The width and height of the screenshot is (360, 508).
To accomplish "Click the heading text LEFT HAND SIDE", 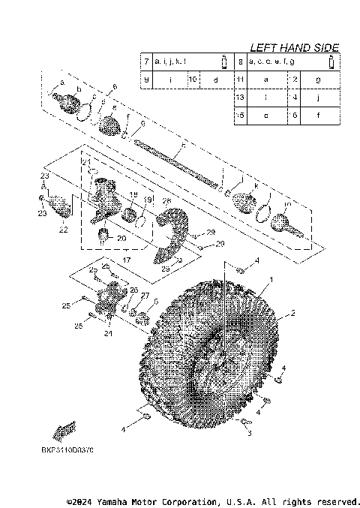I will click(x=293, y=47).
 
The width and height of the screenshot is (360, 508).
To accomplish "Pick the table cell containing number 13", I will click(x=240, y=98).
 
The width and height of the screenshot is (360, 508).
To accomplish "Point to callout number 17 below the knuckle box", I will click(x=125, y=259).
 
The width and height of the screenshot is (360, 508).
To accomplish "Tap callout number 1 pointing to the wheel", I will click(x=271, y=279).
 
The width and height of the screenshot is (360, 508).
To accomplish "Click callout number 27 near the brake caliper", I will click(x=145, y=296).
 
